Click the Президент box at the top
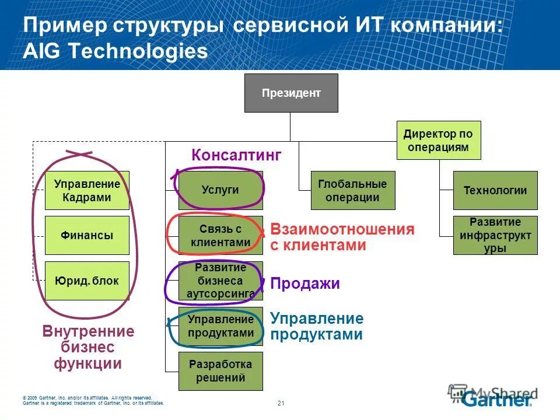(x=290, y=93)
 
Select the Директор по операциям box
(x=438, y=141)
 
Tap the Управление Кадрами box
(x=87, y=191)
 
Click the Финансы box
(x=87, y=236)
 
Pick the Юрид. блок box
(x=87, y=281)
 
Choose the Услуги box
(x=220, y=190)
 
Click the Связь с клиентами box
(x=220, y=236)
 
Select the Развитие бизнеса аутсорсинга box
(x=220, y=281)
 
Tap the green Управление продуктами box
(x=220, y=326)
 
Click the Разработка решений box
(x=220, y=371)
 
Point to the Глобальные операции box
(x=353, y=190)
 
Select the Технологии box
(x=495, y=190)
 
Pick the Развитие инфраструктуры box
(x=495, y=235)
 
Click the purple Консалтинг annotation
(x=236, y=155)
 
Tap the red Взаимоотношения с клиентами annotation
(x=342, y=237)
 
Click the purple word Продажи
(x=304, y=284)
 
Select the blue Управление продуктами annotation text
(x=316, y=327)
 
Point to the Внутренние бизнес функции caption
(x=88, y=348)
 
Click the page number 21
(x=281, y=403)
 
